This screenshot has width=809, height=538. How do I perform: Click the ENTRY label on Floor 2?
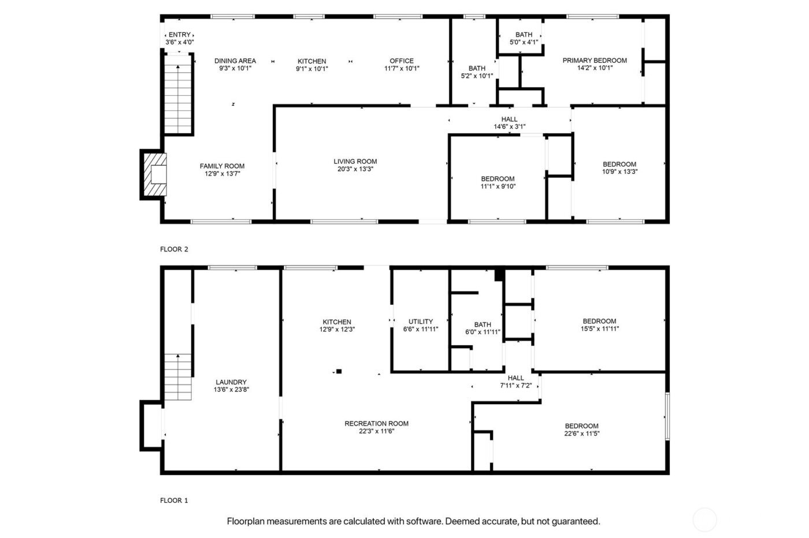[179, 35]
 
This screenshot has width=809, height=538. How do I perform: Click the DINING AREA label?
[235, 61]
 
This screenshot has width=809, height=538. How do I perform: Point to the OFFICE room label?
[402, 61]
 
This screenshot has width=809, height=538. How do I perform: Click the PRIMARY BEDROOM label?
[595, 60]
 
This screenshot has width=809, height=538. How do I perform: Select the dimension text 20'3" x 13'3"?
[355, 169]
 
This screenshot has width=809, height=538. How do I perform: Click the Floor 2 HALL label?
[509, 119]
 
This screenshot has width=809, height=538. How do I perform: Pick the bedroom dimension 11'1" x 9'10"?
[498, 186]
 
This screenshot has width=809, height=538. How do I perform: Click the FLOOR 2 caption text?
[174, 249]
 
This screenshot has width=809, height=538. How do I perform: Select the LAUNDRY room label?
[231, 382]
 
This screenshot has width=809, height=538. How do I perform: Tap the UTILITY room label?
[420, 322]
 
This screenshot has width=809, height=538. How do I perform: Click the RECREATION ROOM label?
[376, 423]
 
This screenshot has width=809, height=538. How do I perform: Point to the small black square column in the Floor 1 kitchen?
[339, 371]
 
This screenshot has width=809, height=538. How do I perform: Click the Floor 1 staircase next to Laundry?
[177, 378]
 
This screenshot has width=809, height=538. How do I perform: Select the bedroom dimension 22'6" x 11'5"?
[582, 434]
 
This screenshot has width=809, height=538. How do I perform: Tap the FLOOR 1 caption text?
[174, 500]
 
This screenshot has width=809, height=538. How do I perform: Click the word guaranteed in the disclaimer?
[574, 521]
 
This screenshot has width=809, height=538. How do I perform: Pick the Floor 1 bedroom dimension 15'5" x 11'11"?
[599, 328]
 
